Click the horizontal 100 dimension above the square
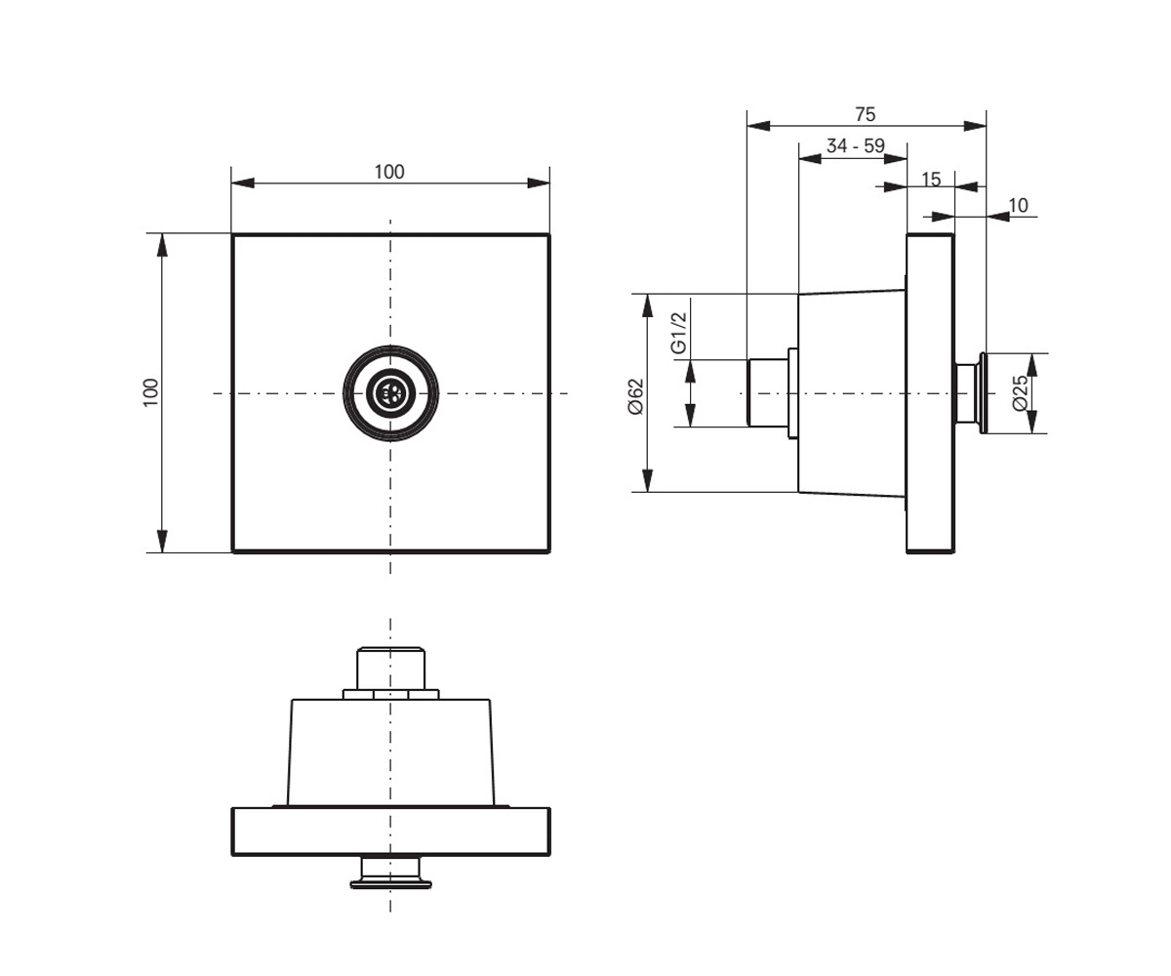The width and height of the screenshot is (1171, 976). [x=389, y=172]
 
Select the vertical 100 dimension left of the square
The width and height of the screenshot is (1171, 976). [x=151, y=392]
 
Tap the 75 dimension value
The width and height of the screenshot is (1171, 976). [x=866, y=114]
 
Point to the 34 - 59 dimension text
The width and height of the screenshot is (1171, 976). [x=855, y=145]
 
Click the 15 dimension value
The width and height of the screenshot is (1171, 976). [x=931, y=180]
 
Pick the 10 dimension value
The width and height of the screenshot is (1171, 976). [x=1018, y=206]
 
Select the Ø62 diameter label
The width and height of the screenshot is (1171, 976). [x=636, y=396]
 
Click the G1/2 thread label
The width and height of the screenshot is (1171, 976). [x=678, y=333]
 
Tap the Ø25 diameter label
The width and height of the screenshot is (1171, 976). [x=1021, y=392]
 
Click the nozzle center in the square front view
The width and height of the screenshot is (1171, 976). [x=390, y=393]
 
